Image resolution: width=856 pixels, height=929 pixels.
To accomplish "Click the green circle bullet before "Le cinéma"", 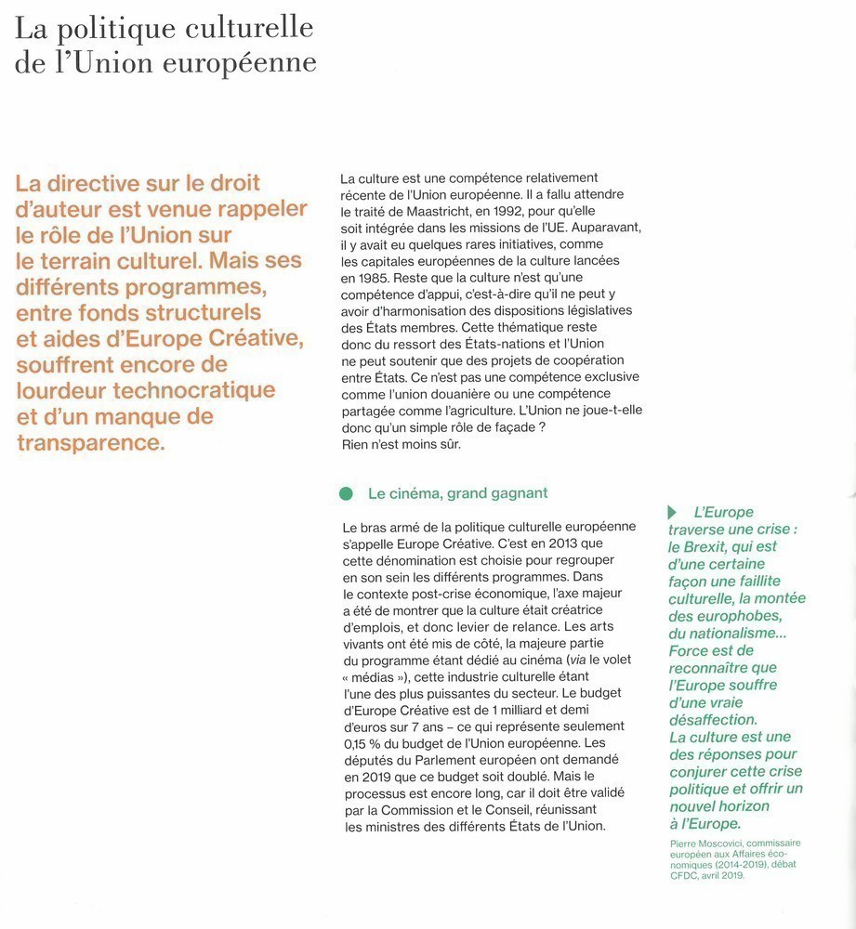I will tap(347, 493).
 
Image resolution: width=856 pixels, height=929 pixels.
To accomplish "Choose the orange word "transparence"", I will tap(90, 442).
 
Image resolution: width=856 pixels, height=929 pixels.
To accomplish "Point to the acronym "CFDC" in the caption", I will tap(684, 874).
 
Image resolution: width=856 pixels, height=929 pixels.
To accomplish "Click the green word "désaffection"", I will tap(713, 720).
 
